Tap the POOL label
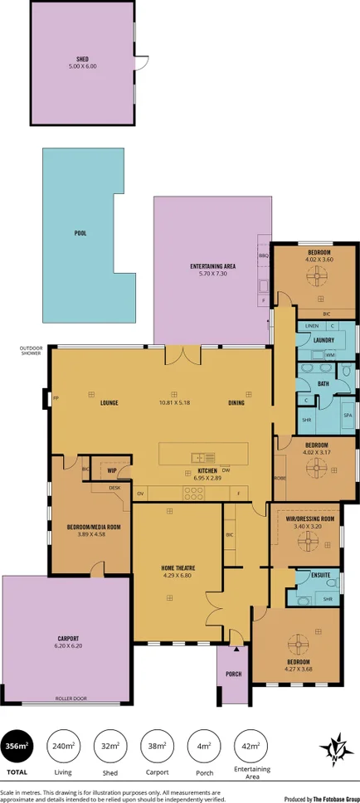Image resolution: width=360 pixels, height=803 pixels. point(80,233)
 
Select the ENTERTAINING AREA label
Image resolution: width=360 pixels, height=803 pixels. point(213,265)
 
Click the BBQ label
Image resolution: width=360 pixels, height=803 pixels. point(264,256)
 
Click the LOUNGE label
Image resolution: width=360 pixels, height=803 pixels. point(109,403)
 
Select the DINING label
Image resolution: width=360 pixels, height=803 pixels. point(237,403)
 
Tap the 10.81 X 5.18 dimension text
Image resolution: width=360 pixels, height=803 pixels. point(174,403)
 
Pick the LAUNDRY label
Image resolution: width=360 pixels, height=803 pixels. point(324,339)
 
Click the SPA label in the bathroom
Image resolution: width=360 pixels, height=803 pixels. point(348,414)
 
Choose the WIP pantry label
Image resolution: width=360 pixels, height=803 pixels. point(111,470)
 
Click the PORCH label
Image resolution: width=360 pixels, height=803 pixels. point(234,674)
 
